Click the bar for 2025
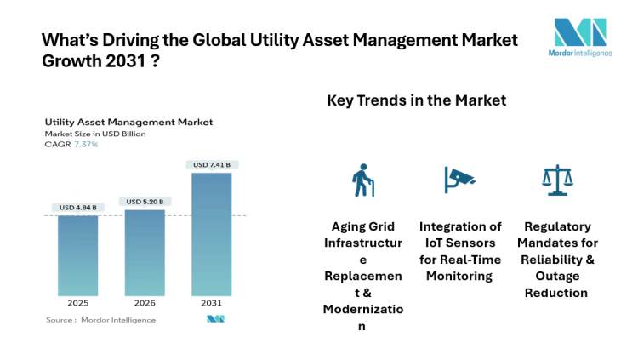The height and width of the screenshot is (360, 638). [77, 255]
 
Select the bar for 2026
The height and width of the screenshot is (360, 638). [145, 253]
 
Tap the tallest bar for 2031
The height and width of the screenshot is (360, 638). [212, 234]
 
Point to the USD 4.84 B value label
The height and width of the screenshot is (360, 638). [77, 207]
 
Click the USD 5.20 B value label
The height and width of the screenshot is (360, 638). [145, 202]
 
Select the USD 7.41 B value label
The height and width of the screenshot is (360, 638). [212, 164]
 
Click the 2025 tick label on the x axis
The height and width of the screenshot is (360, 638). [77, 303]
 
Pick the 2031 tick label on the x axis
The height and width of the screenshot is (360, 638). [212, 303]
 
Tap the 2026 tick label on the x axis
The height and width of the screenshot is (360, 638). [145, 303]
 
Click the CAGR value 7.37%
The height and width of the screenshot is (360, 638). [85, 144]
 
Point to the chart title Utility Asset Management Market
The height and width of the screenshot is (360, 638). [128, 123]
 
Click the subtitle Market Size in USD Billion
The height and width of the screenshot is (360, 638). [95, 134]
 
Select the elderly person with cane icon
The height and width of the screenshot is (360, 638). [364, 180]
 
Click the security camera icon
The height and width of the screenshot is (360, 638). [459, 178]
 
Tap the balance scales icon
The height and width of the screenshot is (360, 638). [556, 180]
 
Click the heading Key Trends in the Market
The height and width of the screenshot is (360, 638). [417, 100]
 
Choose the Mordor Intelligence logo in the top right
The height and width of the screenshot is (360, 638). [580, 39]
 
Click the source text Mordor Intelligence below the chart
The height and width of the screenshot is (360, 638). [118, 320]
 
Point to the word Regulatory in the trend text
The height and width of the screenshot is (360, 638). [557, 226]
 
